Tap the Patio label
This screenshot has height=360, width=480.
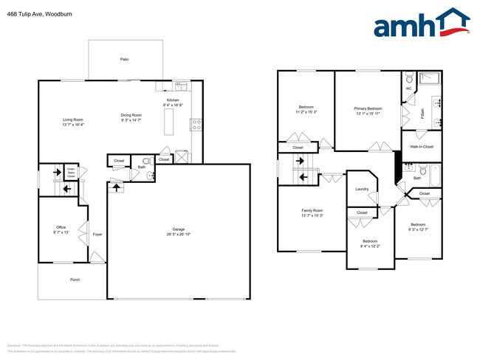(124, 58)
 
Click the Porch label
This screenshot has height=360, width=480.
(75, 280)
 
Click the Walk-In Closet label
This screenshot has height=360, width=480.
(421, 146)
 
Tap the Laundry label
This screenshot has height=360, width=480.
(362, 189)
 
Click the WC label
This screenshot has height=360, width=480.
(408, 89)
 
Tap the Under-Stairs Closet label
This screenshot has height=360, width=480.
(72, 173)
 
